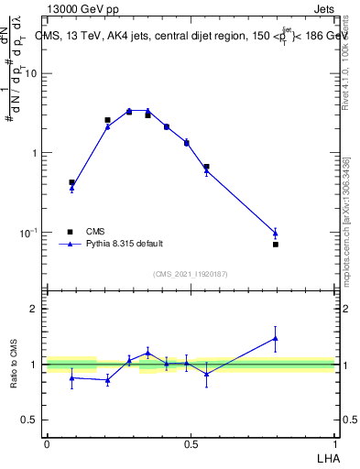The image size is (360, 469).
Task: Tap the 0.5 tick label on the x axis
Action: pyautogui.click(x=191, y=443)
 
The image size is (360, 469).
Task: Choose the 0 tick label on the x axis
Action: pyautogui.click(x=47, y=443)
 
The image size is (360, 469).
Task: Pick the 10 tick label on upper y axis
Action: pyautogui.click(x=32, y=74)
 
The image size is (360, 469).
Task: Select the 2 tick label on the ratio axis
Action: pyautogui.click(x=34, y=310)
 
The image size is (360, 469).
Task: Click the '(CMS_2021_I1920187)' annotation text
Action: pyautogui.click(x=191, y=274)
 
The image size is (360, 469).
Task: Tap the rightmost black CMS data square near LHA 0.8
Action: pyautogui.click(x=276, y=245)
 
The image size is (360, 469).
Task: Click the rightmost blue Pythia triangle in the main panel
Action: pyautogui.click(x=276, y=233)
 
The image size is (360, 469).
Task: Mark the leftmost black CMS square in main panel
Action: pyautogui.click(x=72, y=182)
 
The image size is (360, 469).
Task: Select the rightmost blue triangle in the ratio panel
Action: pyautogui.click(x=276, y=338)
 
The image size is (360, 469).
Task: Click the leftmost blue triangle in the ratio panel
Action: pyautogui.click(x=72, y=377)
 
